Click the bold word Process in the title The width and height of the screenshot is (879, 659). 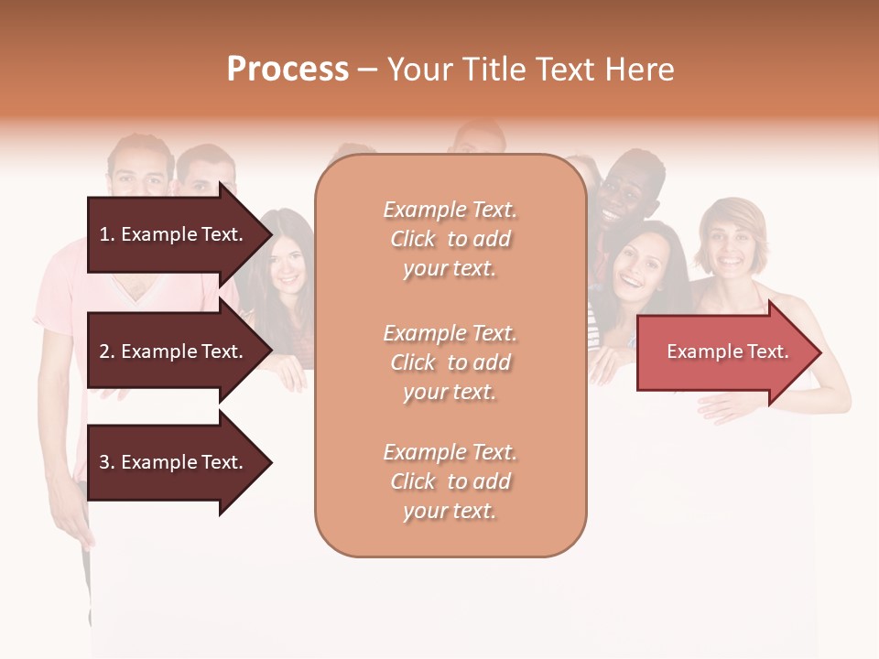[x=288, y=70]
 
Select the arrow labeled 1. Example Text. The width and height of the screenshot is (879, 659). [x=174, y=234]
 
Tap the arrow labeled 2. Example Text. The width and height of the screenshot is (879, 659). [x=174, y=351]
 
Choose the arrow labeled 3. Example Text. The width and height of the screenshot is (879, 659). [x=174, y=462]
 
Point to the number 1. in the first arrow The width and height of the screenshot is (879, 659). [x=107, y=234]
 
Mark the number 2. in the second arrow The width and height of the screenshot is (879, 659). [x=107, y=351]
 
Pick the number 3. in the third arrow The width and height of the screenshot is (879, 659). [x=107, y=462]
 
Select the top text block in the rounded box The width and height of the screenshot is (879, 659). [x=450, y=239]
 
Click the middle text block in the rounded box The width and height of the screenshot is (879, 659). [x=450, y=362]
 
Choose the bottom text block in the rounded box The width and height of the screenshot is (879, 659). [x=450, y=481]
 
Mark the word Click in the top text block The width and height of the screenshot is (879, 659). [x=413, y=239]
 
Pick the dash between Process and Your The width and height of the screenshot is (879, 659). [x=368, y=70]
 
